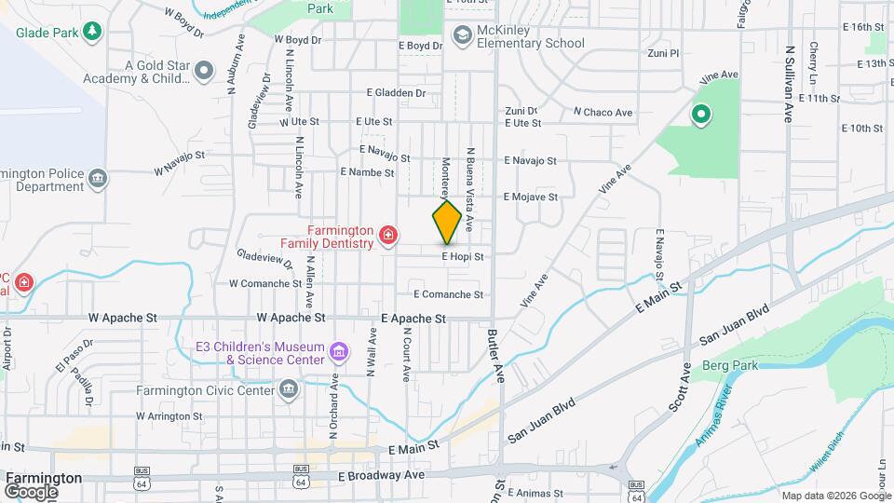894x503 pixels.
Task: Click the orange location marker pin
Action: pyautogui.click(x=447, y=222)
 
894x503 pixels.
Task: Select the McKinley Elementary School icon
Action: pyautogui.click(x=461, y=35)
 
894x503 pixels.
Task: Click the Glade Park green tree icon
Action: pyautogui.click(x=92, y=33)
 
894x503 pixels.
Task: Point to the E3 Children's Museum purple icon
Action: pyautogui.click(x=340, y=353)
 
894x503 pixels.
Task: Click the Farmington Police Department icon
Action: pyautogui.click(x=98, y=178)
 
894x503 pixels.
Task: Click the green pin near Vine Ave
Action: pyautogui.click(x=700, y=116)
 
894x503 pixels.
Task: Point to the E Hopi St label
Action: pyautogui.click(x=463, y=255)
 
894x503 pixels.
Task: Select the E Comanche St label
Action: pyautogui.click(x=448, y=294)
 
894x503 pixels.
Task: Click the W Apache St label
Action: pyautogui.click(x=123, y=318)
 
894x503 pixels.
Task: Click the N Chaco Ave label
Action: pyautogui.click(x=603, y=113)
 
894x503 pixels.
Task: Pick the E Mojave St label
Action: pyautogui.click(x=531, y=197)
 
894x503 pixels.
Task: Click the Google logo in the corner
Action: pyautogui.click(x=31, y=491)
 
